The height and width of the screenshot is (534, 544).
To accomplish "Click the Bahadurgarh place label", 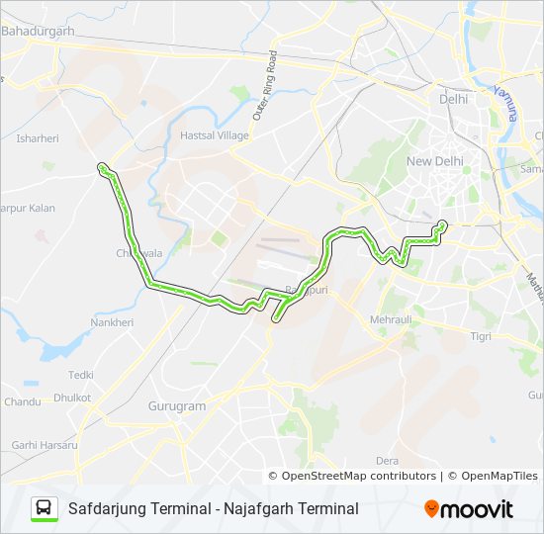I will point(40,32).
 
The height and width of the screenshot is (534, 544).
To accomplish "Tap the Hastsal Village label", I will point(215,135).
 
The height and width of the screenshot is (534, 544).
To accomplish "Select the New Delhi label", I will point(434,160).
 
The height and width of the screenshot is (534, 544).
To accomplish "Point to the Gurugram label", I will point(176,406).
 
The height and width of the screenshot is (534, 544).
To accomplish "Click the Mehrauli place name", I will point(390,320).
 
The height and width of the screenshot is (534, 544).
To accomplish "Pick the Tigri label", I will point(481,337).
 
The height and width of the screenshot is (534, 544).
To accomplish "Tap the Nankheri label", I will point(112,322).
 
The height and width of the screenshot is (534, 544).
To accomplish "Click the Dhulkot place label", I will point(72,398).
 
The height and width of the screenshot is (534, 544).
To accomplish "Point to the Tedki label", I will point(81,375).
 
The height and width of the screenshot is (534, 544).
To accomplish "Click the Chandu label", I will point(22,402).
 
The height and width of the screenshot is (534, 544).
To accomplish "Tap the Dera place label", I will point(387,461).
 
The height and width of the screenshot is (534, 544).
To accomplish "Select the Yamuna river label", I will point(501,102).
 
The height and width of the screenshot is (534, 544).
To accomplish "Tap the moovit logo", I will point(469,509).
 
